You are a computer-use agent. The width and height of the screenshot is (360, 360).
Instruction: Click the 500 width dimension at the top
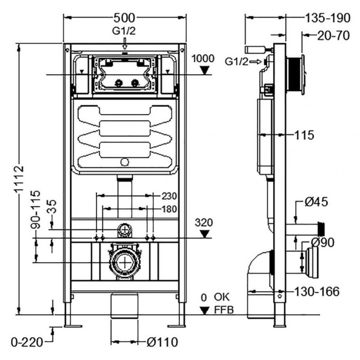point(125,18)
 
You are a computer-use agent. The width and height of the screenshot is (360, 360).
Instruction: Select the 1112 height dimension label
point(18,178)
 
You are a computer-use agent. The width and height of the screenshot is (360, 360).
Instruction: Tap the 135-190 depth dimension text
point(328,18)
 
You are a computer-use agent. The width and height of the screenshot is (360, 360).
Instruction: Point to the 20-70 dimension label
point(333,36)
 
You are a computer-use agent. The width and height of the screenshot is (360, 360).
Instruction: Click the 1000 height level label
point(203,58)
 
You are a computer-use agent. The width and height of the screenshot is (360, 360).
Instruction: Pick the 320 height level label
point(204,222)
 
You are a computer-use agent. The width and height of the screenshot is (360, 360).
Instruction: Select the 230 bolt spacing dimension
point(170,196)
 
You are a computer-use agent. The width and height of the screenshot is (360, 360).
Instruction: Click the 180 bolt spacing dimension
point(170,209)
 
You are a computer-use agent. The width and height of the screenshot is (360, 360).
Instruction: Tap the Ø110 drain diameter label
point(162,342)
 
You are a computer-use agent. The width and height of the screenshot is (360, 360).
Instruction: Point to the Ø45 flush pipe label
point(316,202)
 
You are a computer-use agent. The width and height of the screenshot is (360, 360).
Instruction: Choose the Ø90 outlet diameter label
point(323,243)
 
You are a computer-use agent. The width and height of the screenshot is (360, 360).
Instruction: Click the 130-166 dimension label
point(317,292)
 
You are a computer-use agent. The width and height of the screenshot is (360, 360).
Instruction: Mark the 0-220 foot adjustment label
point(27,342)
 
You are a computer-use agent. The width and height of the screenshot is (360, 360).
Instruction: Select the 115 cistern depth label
point(304,135)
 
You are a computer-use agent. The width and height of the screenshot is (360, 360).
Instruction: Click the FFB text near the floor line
point(224,310)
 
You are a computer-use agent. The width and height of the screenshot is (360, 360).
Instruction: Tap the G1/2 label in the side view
point(237,62)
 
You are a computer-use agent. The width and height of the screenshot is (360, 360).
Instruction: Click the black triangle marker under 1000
point(204,70)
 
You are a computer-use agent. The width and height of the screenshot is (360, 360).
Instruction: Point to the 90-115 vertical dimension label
point(36,210)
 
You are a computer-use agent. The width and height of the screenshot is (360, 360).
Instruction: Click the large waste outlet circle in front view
point(125,262)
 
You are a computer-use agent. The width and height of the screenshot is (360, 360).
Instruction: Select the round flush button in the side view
point(303,75)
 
